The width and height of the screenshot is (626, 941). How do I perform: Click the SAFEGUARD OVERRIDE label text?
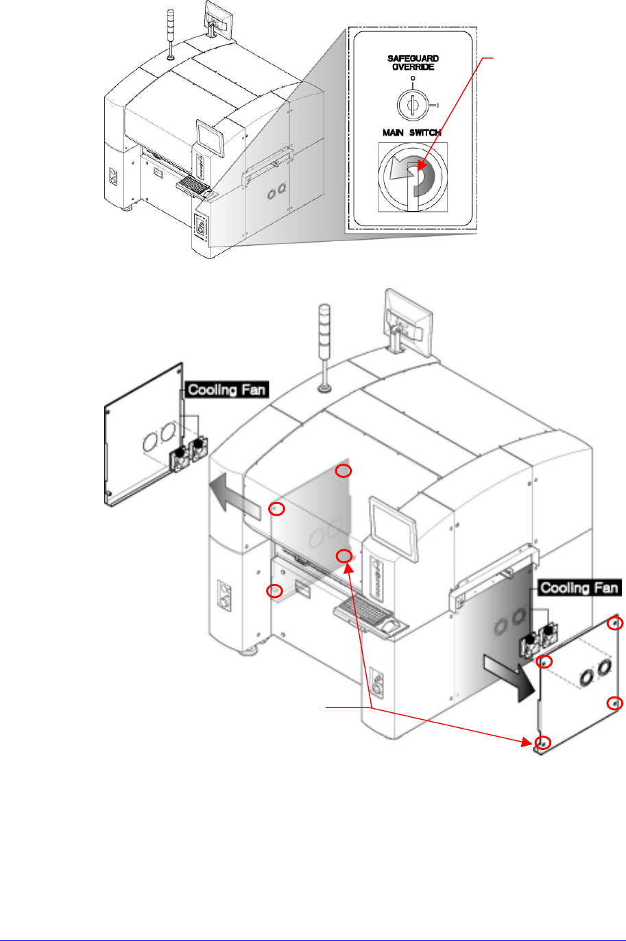[x=413, y=62]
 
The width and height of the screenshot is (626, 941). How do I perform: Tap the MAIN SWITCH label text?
[x=411, y=132]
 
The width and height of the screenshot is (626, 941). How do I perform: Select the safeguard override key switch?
[x=413, y=104]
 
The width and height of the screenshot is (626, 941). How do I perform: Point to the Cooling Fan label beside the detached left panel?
[x=226, y=390]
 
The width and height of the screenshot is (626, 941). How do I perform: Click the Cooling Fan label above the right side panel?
[x=579, y=588]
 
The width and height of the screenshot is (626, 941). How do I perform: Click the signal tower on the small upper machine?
[x=170, y=34]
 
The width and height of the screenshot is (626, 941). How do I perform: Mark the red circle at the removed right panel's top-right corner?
[x=616, y=623]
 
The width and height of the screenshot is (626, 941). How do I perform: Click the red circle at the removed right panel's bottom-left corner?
[x=543, y=742]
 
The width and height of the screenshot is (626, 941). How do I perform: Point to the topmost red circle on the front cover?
[x=344, y=470]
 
